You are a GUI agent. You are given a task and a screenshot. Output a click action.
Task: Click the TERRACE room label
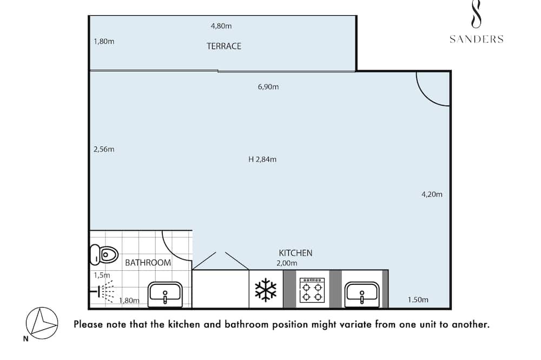(x=224, y=46)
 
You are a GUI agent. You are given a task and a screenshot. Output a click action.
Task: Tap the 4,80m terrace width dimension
(x=221, y=26)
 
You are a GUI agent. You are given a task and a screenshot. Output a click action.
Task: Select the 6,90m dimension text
(x=268, y=86)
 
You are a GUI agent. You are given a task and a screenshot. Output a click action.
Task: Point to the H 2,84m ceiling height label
(x=262, y=159)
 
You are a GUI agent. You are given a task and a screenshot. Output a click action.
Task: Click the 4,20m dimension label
(x=432, y=195)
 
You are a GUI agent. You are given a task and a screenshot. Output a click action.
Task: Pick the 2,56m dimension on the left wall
(x=103, y=149)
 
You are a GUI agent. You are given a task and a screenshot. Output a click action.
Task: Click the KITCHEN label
(x=295, y=253)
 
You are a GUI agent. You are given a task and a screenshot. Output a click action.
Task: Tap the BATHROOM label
(x=148, y=263)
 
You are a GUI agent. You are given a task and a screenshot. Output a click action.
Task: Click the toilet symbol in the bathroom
(x=104, y=255)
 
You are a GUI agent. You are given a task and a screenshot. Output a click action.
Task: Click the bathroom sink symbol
(x=165, y=295)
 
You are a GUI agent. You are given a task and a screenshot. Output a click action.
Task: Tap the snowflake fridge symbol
(x=266, y=290)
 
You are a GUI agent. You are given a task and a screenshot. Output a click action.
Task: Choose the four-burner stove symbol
(x=312, y=290)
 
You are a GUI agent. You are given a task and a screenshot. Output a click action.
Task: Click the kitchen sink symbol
(x=362, y=295)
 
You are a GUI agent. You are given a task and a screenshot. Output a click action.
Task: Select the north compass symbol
(x=42, y=323)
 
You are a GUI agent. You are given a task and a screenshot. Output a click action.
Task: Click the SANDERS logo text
(x=476, y=39)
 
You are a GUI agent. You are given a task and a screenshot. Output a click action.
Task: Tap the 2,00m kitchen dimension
(x=287, y=263)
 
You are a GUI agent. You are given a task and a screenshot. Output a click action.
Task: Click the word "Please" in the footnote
(x=88, y=324)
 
